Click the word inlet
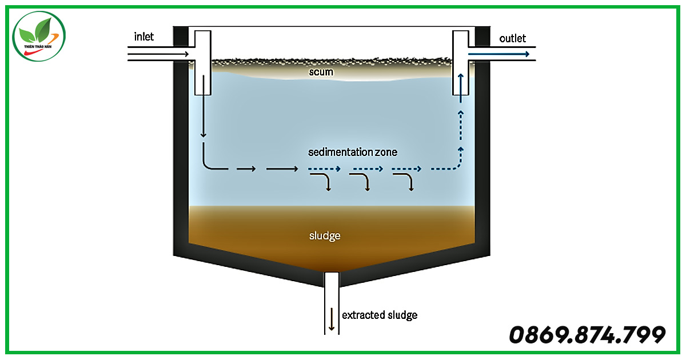143,37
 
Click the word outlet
512,39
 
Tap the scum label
321,72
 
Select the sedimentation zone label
353,152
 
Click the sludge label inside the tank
325,235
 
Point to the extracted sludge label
380,315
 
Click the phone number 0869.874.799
587,335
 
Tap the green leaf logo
39,36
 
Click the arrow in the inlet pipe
158,54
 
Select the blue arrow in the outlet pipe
498,54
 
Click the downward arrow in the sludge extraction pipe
332,319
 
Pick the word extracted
363,315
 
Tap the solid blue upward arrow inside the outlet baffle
460,88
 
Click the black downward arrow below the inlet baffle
204,106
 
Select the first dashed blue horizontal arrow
324,169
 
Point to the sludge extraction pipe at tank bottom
332,303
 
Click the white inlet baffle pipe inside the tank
203,63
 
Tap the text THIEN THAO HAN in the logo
38,46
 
